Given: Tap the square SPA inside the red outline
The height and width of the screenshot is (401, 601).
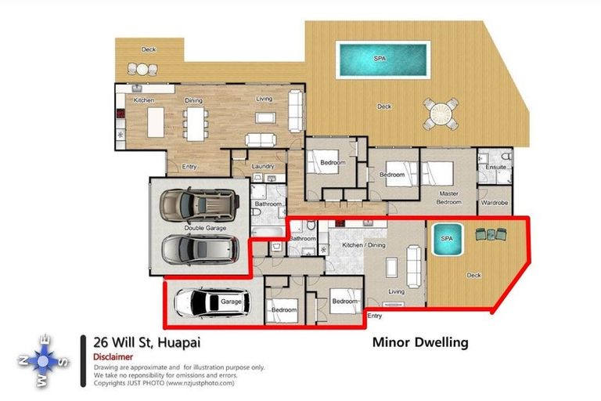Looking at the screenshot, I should tap(447, 241).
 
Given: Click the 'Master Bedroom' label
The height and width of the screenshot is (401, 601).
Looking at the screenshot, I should tap(448, 197).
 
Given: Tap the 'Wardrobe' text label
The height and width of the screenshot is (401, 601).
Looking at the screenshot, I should tap(494, 202).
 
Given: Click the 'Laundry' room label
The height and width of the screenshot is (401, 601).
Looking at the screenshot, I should tap(263, 166).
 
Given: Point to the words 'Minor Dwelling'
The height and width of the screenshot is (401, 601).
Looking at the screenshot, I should tap(419, 342).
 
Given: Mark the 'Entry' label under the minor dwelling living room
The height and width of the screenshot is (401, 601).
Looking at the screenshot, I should tap(376, 316).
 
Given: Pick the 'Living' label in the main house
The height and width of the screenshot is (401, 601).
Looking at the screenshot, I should tap(265, 99).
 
